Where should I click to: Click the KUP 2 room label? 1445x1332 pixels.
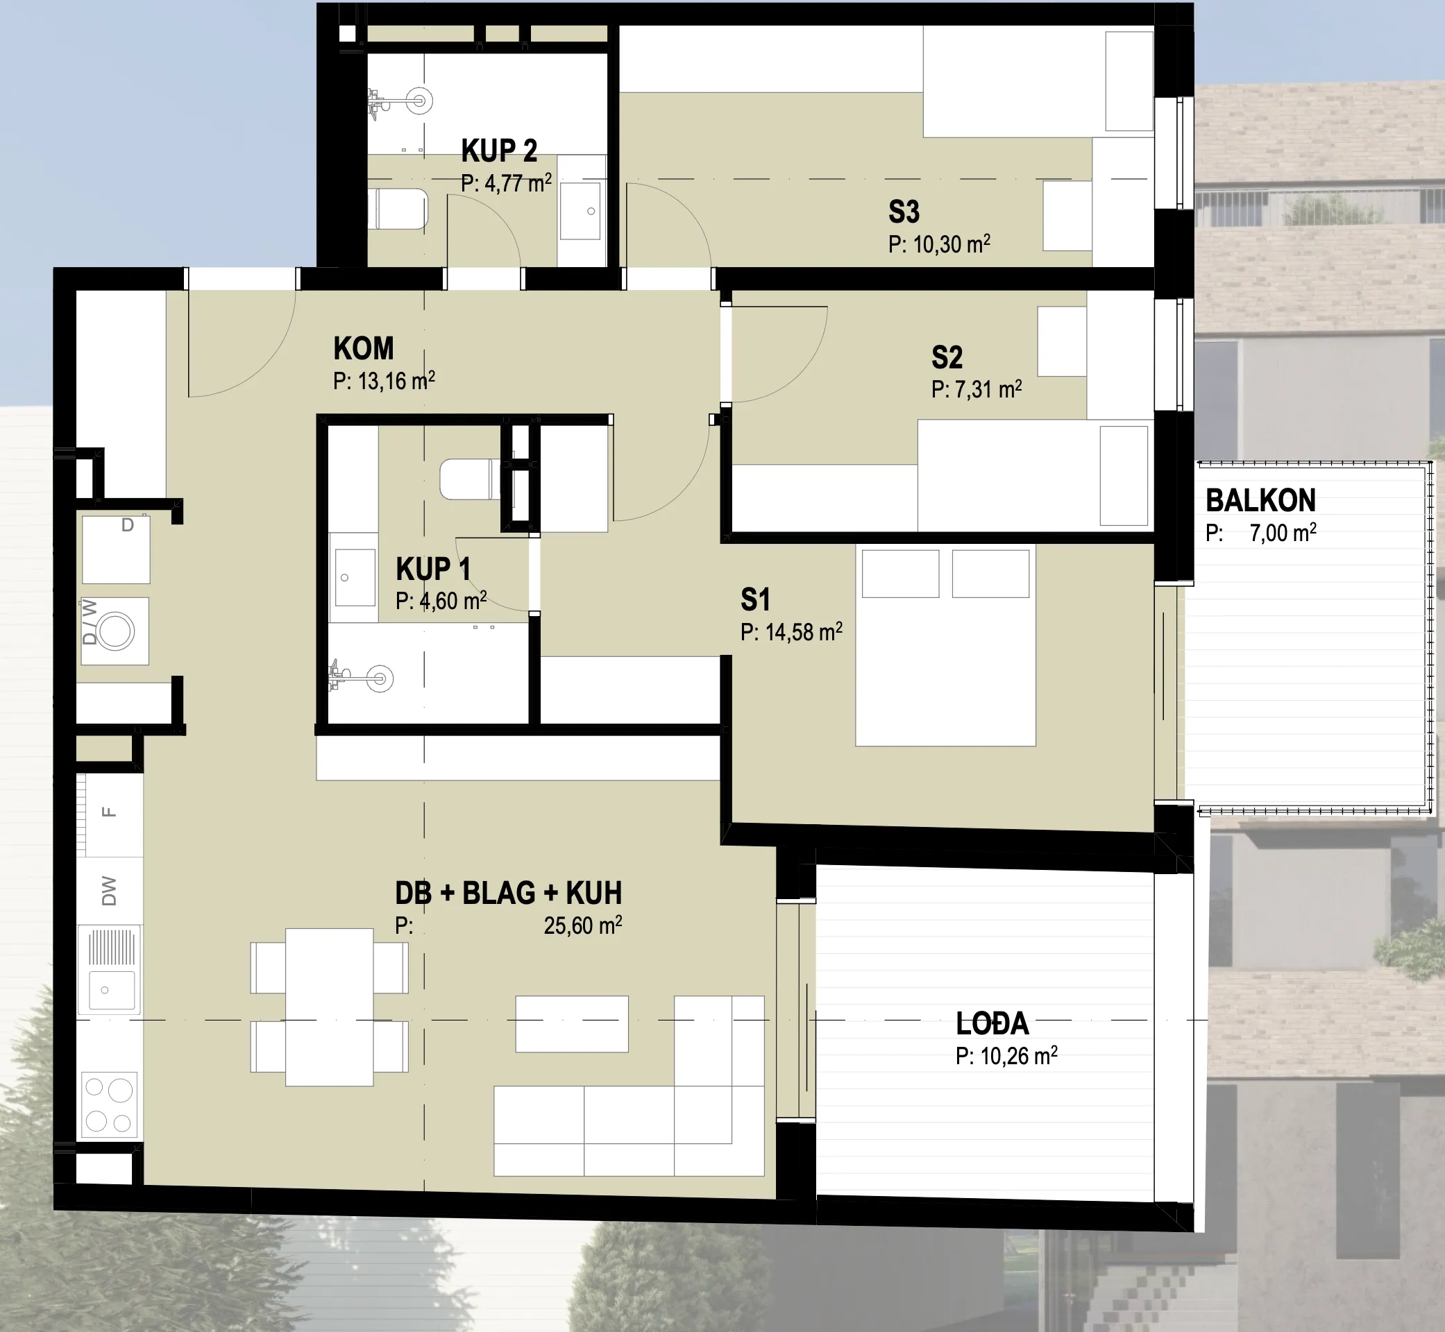pyautogui.click(x=499, y=151)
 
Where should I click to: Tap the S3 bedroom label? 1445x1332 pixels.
pyautogui.click(x=904, y=212)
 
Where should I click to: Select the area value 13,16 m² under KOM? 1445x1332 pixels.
pyautogui.click(x=395, y=380)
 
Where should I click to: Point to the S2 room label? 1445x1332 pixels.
pyautogui.click(x=947, y=357)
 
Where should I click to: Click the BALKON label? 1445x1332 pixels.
pyautogui.click(x=1260, y=500)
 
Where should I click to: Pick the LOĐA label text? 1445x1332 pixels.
pyautogui.click(x=992, y=1023)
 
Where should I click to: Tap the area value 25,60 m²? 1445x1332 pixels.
pyautogui.click(x=582, y=925)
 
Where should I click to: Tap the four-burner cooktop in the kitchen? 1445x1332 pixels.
pyautogui.click(x=110, y=1104)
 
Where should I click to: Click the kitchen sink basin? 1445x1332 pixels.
pyautogui.click(x=111, y=989)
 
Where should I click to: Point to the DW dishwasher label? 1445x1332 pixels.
pyautogui.click(x=109, y=891)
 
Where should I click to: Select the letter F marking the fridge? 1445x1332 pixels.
pyautogui.click(x=109, y=812)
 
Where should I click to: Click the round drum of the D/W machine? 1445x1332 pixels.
pyautogui.click(x=116, y=631)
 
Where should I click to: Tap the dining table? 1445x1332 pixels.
pyautogui.click(x=330, y=1007)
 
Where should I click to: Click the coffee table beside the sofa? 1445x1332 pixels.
pyautogui.click(x=572, y=1023)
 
